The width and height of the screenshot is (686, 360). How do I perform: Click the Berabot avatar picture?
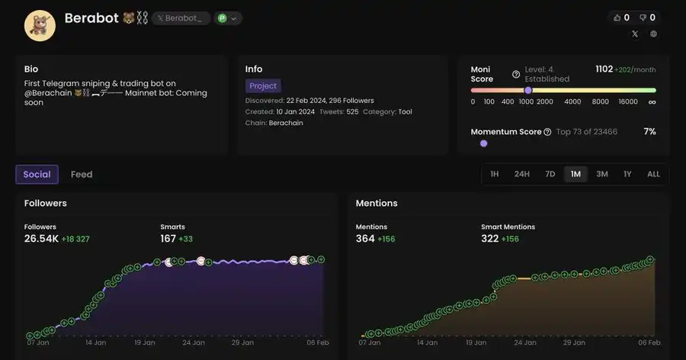coord(40,26)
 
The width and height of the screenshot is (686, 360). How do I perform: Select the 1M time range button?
coord(575,174)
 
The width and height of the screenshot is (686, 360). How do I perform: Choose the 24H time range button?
coord(521,174)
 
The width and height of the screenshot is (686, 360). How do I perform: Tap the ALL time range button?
coord(653,174)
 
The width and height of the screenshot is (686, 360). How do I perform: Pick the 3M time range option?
coord(602,174)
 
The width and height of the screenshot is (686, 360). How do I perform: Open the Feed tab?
coord(82,175)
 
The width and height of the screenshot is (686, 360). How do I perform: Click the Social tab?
coord(37,175)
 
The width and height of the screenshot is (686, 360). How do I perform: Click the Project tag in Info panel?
coord(263,86)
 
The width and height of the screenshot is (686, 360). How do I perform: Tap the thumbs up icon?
coord(617,18)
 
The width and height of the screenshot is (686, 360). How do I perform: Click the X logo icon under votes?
coord(635,34)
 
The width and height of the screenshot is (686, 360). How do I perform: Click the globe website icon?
coord(653,34)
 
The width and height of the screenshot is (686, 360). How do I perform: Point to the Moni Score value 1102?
coord(604,69)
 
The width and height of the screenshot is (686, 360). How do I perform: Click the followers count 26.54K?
coord(41,239)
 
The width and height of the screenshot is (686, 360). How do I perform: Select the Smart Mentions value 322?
coord(489,239)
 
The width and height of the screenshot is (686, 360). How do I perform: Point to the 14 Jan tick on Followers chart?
coord(95,343)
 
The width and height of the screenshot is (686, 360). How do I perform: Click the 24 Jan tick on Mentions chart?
coord(524,343)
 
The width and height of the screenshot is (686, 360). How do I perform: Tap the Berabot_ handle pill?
coord(181,18)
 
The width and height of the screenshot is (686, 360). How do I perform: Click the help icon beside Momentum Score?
coord(547,132)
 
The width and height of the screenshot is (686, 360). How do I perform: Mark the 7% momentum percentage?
coord(649,132)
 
